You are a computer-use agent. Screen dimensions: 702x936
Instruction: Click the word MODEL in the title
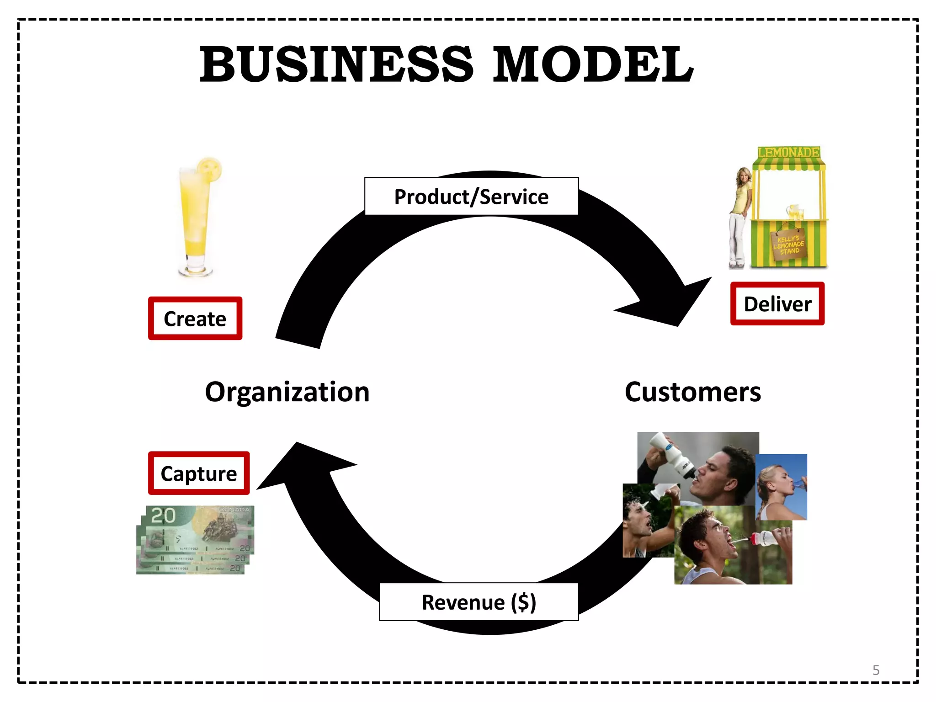[592, 65]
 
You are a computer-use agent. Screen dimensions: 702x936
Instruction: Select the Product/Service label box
[471, 197]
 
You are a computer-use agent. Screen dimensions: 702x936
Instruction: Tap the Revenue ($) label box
[479, 602]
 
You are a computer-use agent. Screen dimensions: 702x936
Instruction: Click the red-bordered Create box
[195, 319]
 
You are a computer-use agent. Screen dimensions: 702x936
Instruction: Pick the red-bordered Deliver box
[777, 304]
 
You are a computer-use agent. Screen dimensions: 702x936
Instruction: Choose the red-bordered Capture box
[199, 473]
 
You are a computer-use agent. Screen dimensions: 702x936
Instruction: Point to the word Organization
[287, 392]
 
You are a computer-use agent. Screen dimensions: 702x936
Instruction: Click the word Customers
[692, 392]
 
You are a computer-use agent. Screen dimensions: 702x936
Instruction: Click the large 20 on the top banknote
[163, 516]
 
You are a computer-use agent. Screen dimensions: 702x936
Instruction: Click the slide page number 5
[876, 670]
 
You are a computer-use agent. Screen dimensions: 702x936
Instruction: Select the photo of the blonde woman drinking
[782, 487]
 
